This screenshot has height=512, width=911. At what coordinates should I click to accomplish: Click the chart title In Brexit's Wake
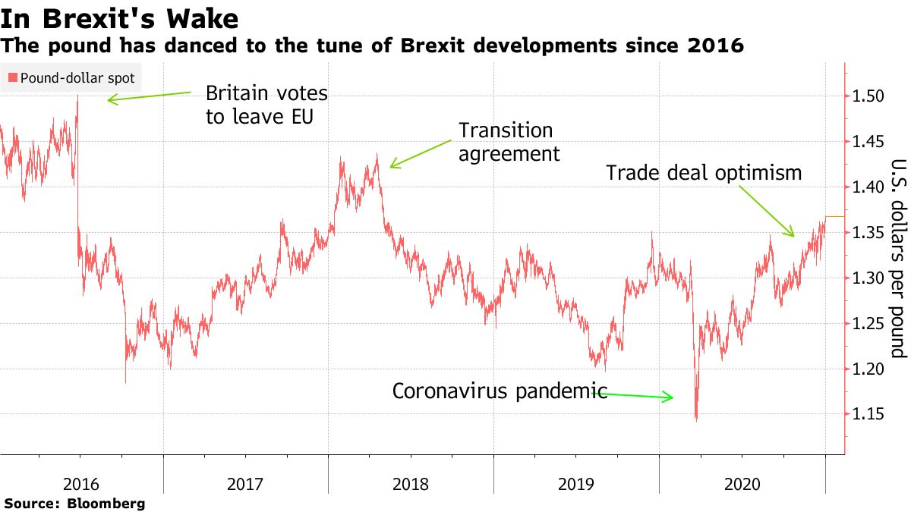(120, 18)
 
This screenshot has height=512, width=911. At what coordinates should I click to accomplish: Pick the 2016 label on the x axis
(81, 483)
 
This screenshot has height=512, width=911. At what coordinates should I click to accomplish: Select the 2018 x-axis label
(411, 483)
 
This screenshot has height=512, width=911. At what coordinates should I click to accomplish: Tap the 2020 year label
(742, 483)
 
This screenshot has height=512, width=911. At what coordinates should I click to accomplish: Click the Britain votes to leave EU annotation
(266, 105)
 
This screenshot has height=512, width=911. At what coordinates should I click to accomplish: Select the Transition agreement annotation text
(509, 142)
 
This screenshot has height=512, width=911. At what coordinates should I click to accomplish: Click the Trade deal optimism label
(704, 173)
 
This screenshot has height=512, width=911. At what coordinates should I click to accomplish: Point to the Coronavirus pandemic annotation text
(500, 391)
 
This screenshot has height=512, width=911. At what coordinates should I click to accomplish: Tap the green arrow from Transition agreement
(421, 152)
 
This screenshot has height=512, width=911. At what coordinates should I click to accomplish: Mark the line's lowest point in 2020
(696, 419)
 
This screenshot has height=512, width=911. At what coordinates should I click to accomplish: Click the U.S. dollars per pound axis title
(898, 258)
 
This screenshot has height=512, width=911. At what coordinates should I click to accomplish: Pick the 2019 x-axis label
(576, 483)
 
